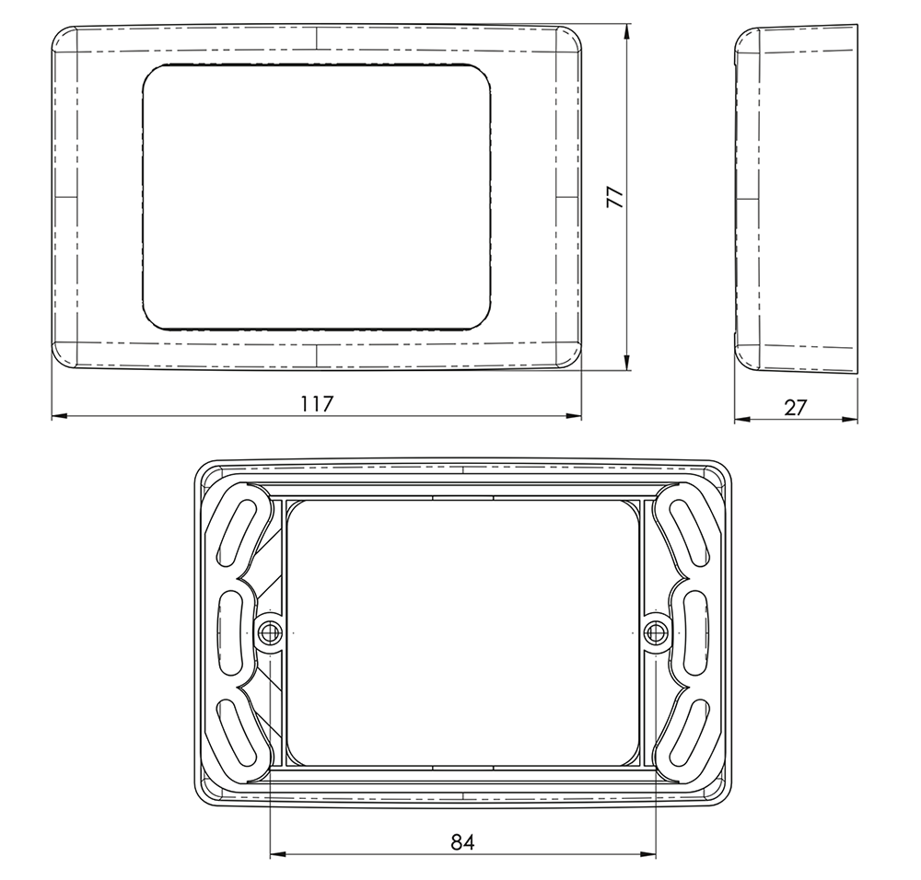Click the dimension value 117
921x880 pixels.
pos(316,404)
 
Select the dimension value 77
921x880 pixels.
pos(614,197)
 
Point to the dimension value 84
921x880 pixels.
pos(462,840)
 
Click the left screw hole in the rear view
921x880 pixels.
pos(269,631)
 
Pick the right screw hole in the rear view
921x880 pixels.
pos(655,631)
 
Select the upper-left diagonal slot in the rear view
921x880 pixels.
pos(235,534)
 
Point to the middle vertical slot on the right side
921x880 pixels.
pos(696,632)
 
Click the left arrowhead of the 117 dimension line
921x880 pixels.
pos(58,417)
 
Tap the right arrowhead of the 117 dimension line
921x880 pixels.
pos(575,417)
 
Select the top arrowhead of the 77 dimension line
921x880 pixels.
pos(627,32)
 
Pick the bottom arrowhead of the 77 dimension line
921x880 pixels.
pos(627,363)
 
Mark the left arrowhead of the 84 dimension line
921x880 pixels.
pos(276,854)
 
